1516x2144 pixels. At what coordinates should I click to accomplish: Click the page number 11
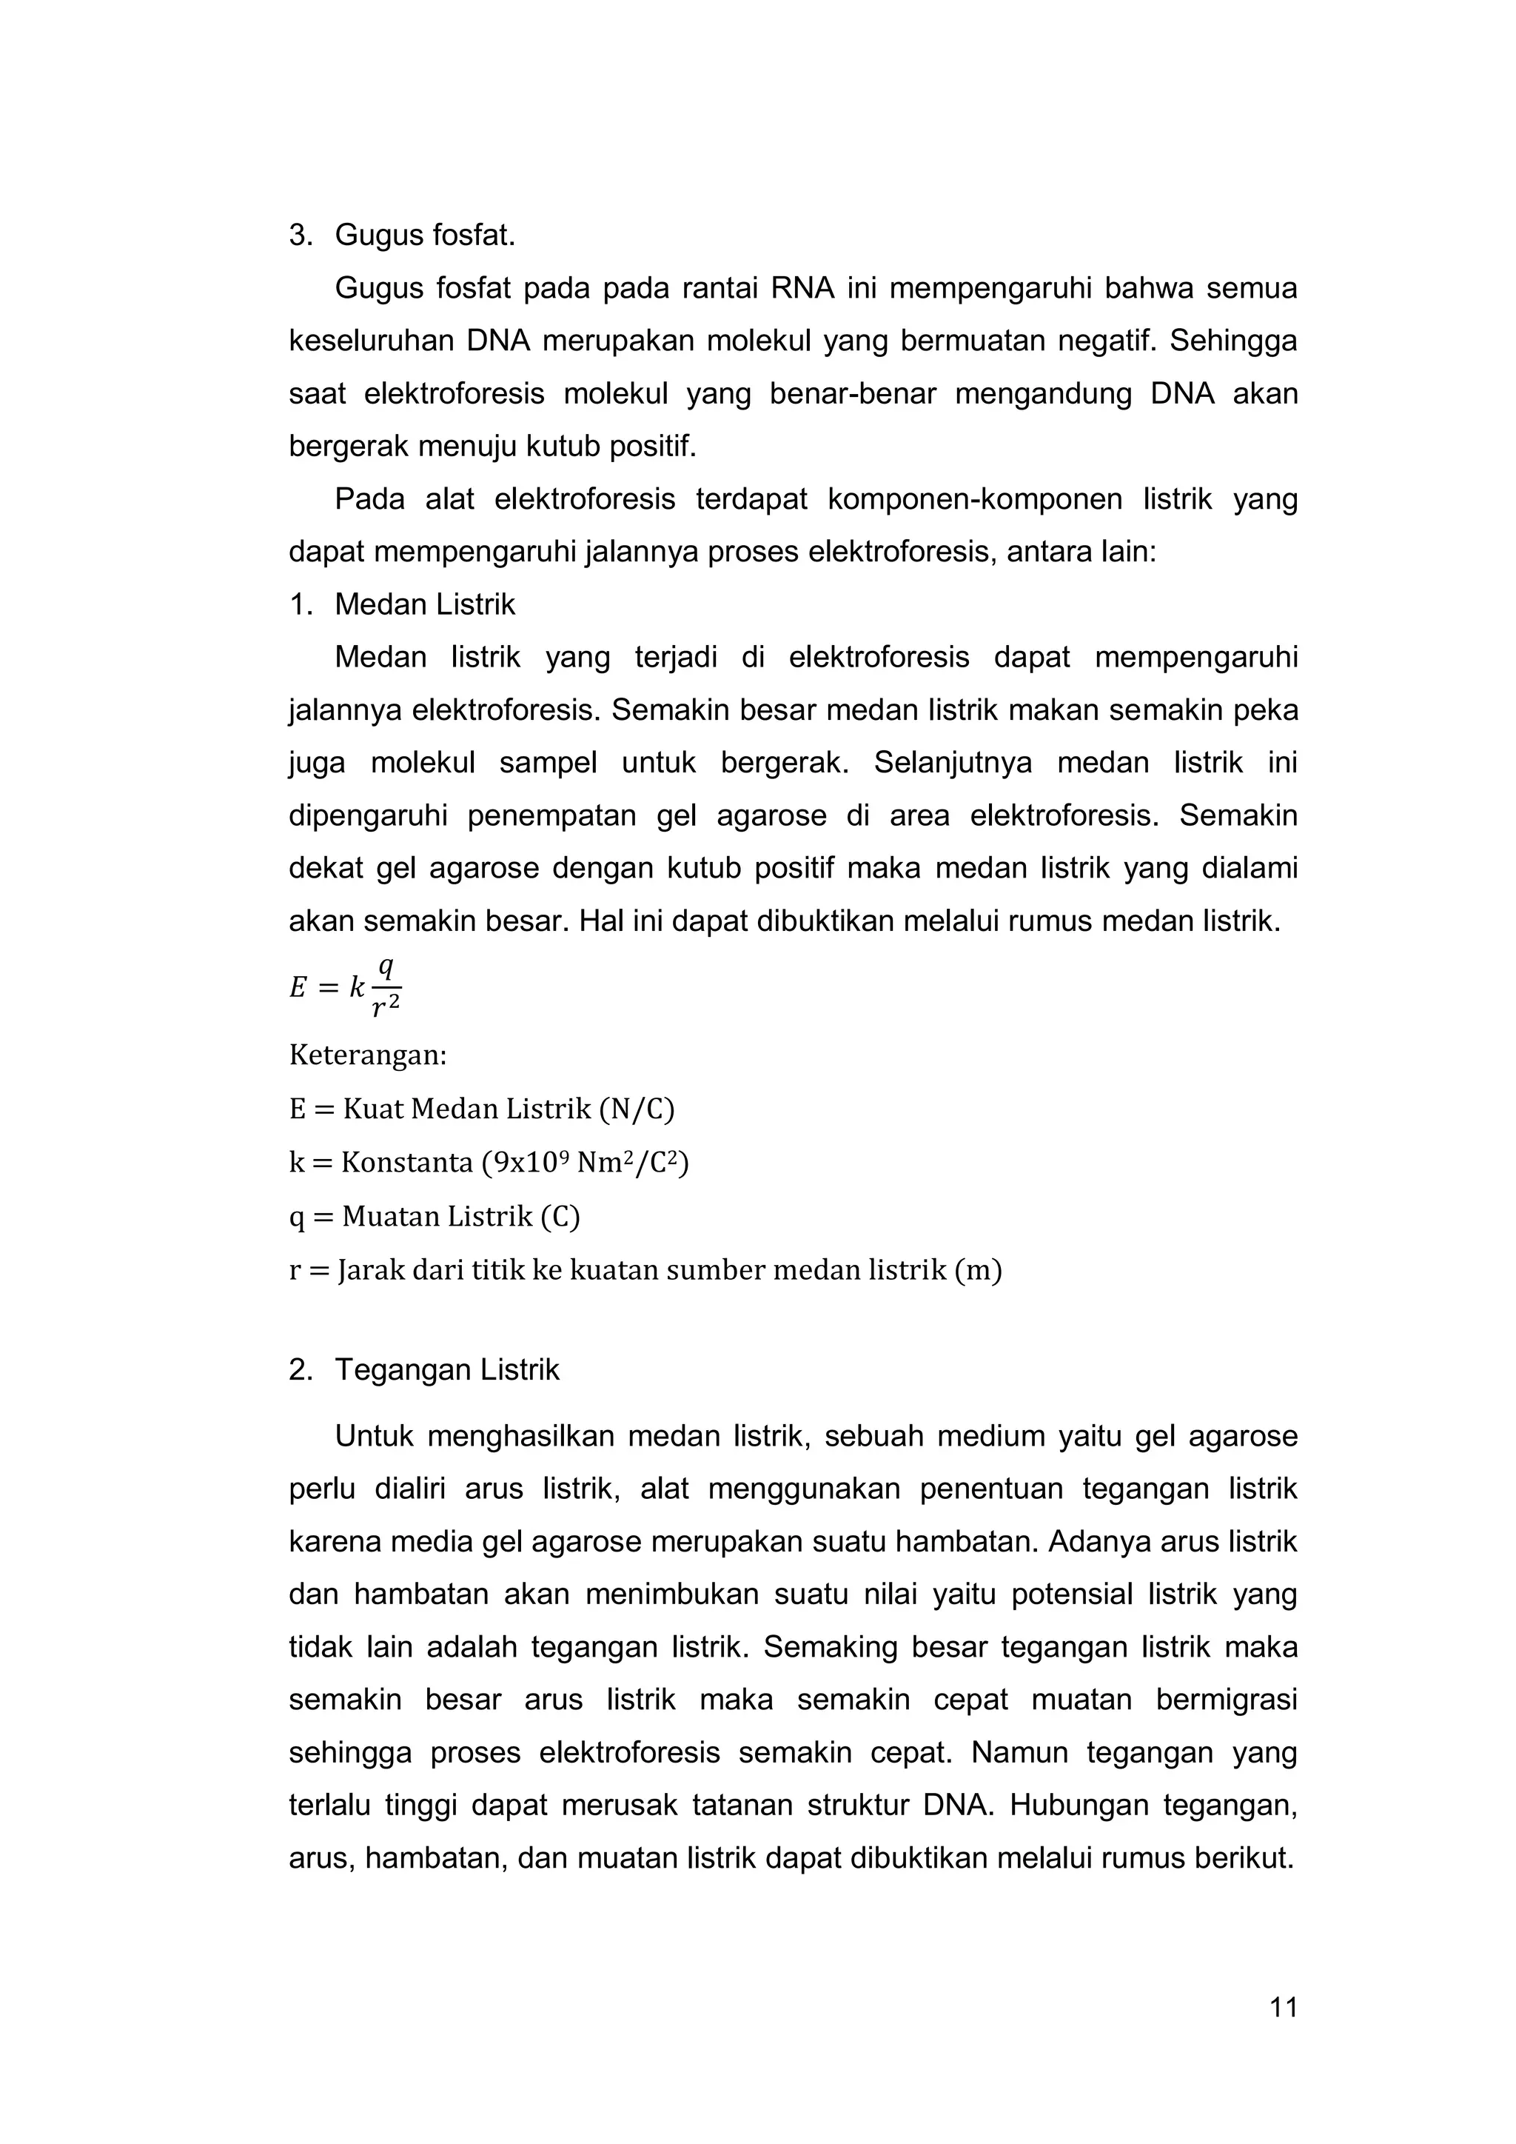click(1284, 2007)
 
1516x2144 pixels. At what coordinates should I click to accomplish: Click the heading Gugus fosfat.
click(425, 236)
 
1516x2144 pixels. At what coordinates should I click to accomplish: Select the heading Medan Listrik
click(425, 605)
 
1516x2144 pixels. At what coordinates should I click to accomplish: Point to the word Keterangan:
click(368, 1056)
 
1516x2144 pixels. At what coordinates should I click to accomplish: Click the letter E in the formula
click(298, 987)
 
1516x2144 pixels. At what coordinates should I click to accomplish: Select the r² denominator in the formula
click(385, 1006)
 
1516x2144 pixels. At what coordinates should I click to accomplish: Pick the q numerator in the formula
click(385, 969)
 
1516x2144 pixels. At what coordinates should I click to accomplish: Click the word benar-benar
click(852, 394)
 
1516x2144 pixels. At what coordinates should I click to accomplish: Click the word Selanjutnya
click(952, 763)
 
